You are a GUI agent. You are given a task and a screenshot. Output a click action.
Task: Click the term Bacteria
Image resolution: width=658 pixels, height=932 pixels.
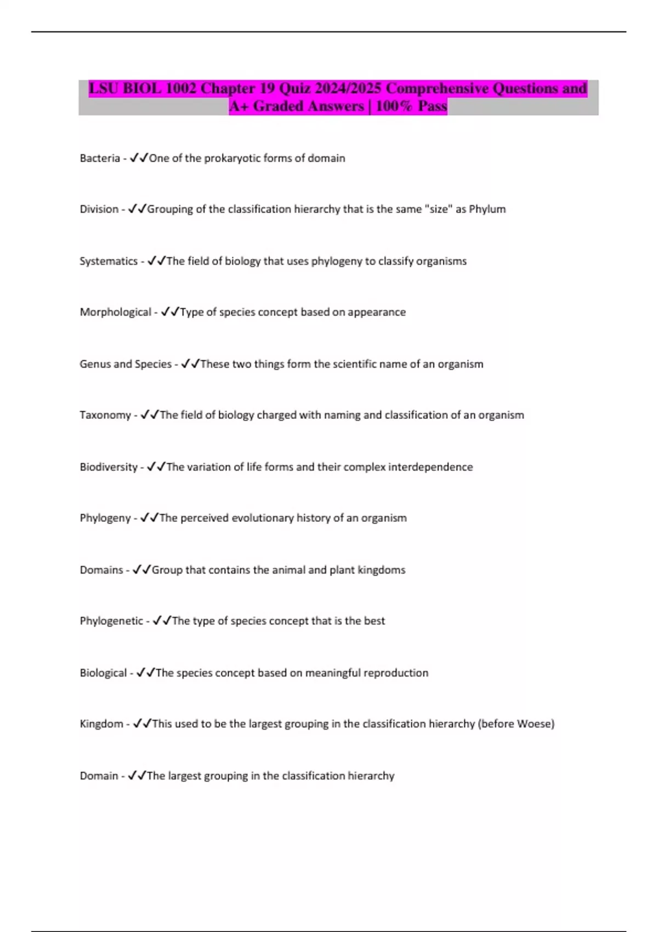coord(99,158)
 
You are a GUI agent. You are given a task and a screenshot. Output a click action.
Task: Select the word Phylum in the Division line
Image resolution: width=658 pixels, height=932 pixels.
coord(487,209)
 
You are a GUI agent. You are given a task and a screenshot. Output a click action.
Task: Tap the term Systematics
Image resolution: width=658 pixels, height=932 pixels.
coord(108,262)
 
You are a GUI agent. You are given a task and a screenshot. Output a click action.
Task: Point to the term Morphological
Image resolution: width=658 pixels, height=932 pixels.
coord(115,312)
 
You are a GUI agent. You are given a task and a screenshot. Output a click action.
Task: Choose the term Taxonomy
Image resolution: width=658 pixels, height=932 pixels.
coord(105,416)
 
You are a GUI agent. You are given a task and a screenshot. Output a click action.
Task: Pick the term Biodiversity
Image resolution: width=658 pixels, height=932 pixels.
coord(108,467)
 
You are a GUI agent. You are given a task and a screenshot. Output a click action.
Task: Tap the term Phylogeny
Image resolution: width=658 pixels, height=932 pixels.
coord(105,518)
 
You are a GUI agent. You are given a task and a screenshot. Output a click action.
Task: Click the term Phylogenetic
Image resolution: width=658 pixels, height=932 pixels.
coord(111,621)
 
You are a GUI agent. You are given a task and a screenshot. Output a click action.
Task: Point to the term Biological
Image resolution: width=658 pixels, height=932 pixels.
coord(103,673)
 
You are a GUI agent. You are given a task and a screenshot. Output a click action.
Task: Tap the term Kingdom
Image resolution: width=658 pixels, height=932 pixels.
coord(101,724)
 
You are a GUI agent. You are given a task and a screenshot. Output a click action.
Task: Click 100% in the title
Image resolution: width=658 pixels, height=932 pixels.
coord(394,106)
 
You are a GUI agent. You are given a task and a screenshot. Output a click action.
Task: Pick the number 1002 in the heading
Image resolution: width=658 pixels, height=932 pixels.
coord(180,88)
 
